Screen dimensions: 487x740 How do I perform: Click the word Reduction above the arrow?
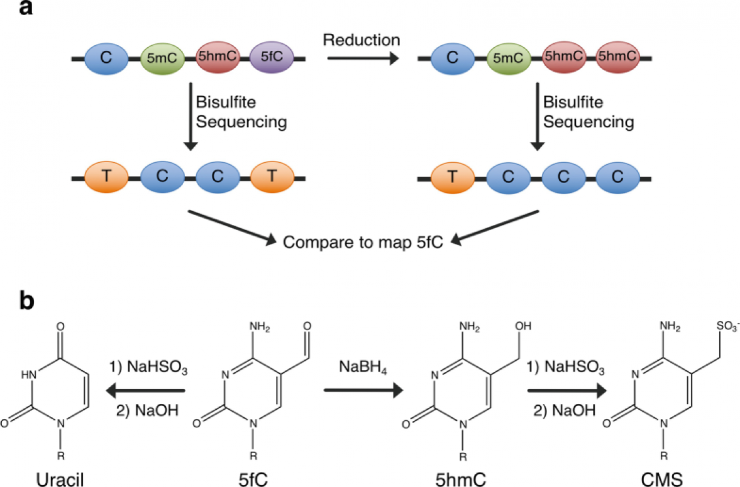(x=362, y=40)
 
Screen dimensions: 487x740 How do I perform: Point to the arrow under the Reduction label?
(x=363, y=59)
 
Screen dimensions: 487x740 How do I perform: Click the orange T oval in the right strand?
(x=451, y=178)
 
